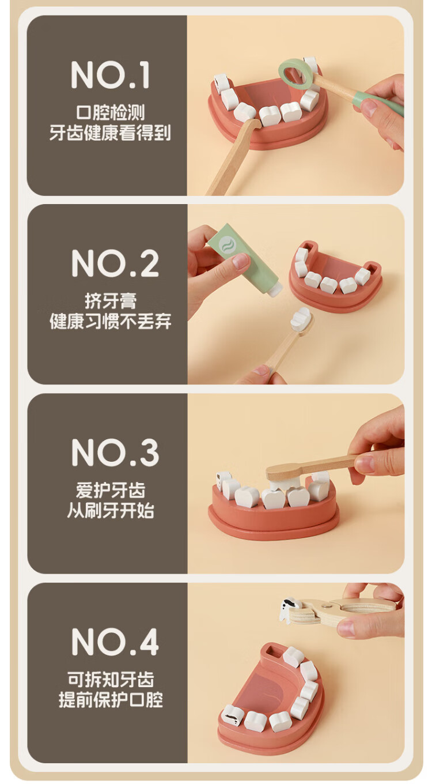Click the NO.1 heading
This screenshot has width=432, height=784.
click(x=111, y=75)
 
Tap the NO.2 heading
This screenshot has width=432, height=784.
click(x=115, y=264)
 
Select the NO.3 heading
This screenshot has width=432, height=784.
click(x=115, y=453)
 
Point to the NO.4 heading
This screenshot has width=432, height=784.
click(x=115, y=642)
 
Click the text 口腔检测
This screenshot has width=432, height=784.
click(x=111, y=112)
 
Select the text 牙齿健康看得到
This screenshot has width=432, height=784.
click(x=110, y=133)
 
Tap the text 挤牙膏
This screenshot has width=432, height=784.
click(x=111, y=301)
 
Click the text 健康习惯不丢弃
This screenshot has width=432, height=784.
click(x=111, y=321)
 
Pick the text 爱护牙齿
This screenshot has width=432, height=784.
click(x=111, y=490)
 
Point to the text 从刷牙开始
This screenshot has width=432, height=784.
click(x=111, y=511)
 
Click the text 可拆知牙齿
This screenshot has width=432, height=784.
click(x=111, y=679)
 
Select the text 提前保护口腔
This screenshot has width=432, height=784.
click(x=111, y=700)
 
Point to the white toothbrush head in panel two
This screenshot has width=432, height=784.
click(x=301, y=319)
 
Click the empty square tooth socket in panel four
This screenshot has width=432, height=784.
click(x=272, y=651)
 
